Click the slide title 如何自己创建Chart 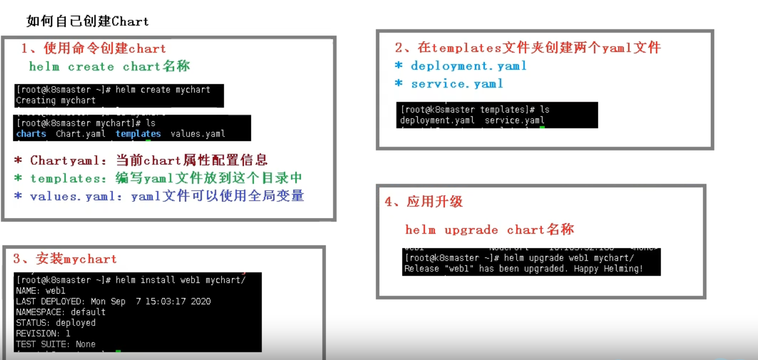click(x=88, y=22)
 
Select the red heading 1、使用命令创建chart click(x=94, y=49)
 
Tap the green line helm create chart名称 click(x=110, y=66)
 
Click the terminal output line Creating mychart click(x=56, y=100)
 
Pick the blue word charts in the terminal click(x=31, y=134)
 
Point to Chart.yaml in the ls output click(x=81, y=134)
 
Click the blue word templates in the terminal click(x=138, y=134)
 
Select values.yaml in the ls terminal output click(x=198, y=134)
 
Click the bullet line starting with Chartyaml click(x=141, y=161)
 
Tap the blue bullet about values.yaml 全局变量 click(x=159, y=196)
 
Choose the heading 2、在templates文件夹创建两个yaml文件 click(x=528, y=48)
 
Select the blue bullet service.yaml click(x=457, y=84)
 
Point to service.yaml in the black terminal click(x=514, y=121)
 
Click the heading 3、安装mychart click(x=65, y=259)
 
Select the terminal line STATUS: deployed click(x=56, y=322)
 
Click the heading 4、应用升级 click(x=424, y=202)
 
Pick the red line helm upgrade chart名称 click(x=489, y=230)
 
